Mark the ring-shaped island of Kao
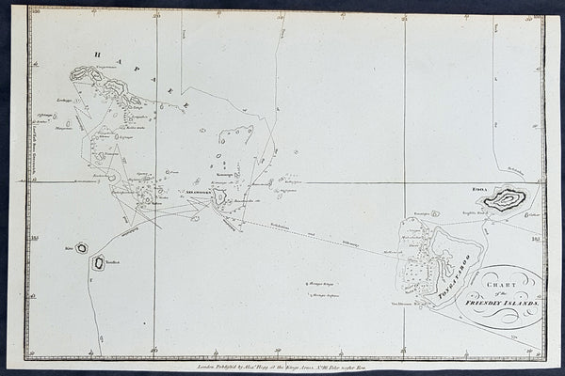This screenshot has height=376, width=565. (82, 248)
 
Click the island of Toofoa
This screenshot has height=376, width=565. (96, 266)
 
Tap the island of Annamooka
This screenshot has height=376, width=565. (218, 196)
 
